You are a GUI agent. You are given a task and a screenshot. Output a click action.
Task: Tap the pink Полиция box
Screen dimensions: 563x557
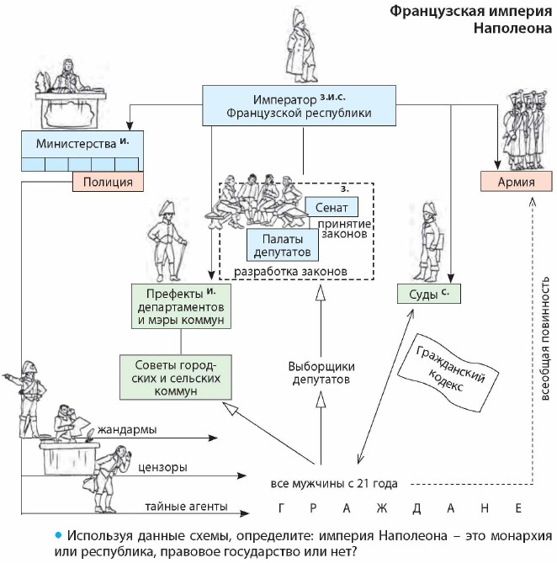click(x=109, y=181)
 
